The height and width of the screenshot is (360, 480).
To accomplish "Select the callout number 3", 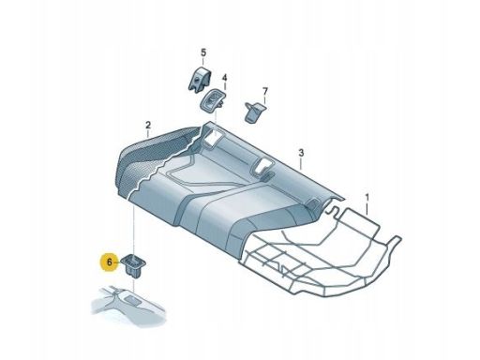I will pos(300,152).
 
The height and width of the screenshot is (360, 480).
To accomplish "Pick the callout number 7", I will pos(264,91).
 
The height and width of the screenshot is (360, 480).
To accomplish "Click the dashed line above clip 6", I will pos(134,225).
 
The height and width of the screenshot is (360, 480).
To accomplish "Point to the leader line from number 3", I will pos(292,159).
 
